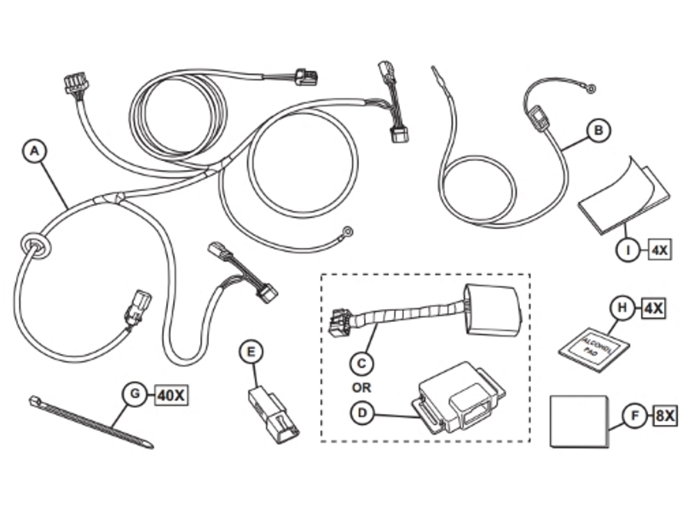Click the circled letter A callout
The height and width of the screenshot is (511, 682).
(34, 152)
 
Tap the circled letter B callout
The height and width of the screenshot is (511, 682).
(599, 129)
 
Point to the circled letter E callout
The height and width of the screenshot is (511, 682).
(251, 351)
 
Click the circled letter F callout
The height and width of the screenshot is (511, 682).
(633, 416)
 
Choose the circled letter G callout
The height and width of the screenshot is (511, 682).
(134, 393)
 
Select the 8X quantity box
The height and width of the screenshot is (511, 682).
(665, 416)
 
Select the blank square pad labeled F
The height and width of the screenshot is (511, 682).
(580, 421)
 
